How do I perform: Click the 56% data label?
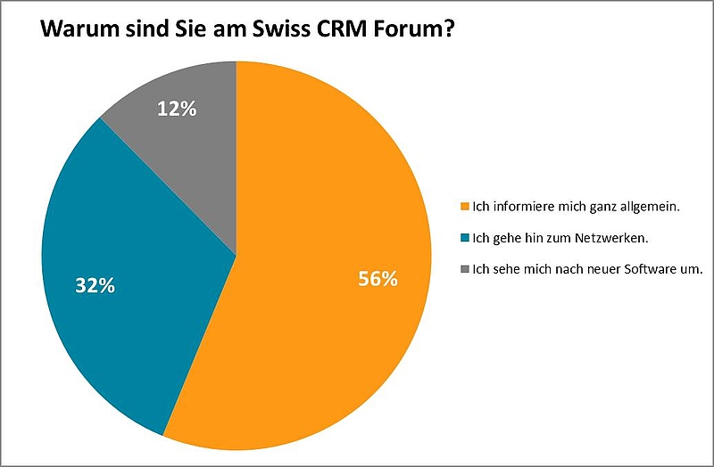point(378,279)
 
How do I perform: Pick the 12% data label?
point(177,109)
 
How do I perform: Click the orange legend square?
point(463,208)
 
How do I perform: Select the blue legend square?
point(463,238)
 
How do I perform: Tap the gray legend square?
point(463,268)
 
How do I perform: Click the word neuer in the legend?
point(602,268)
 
